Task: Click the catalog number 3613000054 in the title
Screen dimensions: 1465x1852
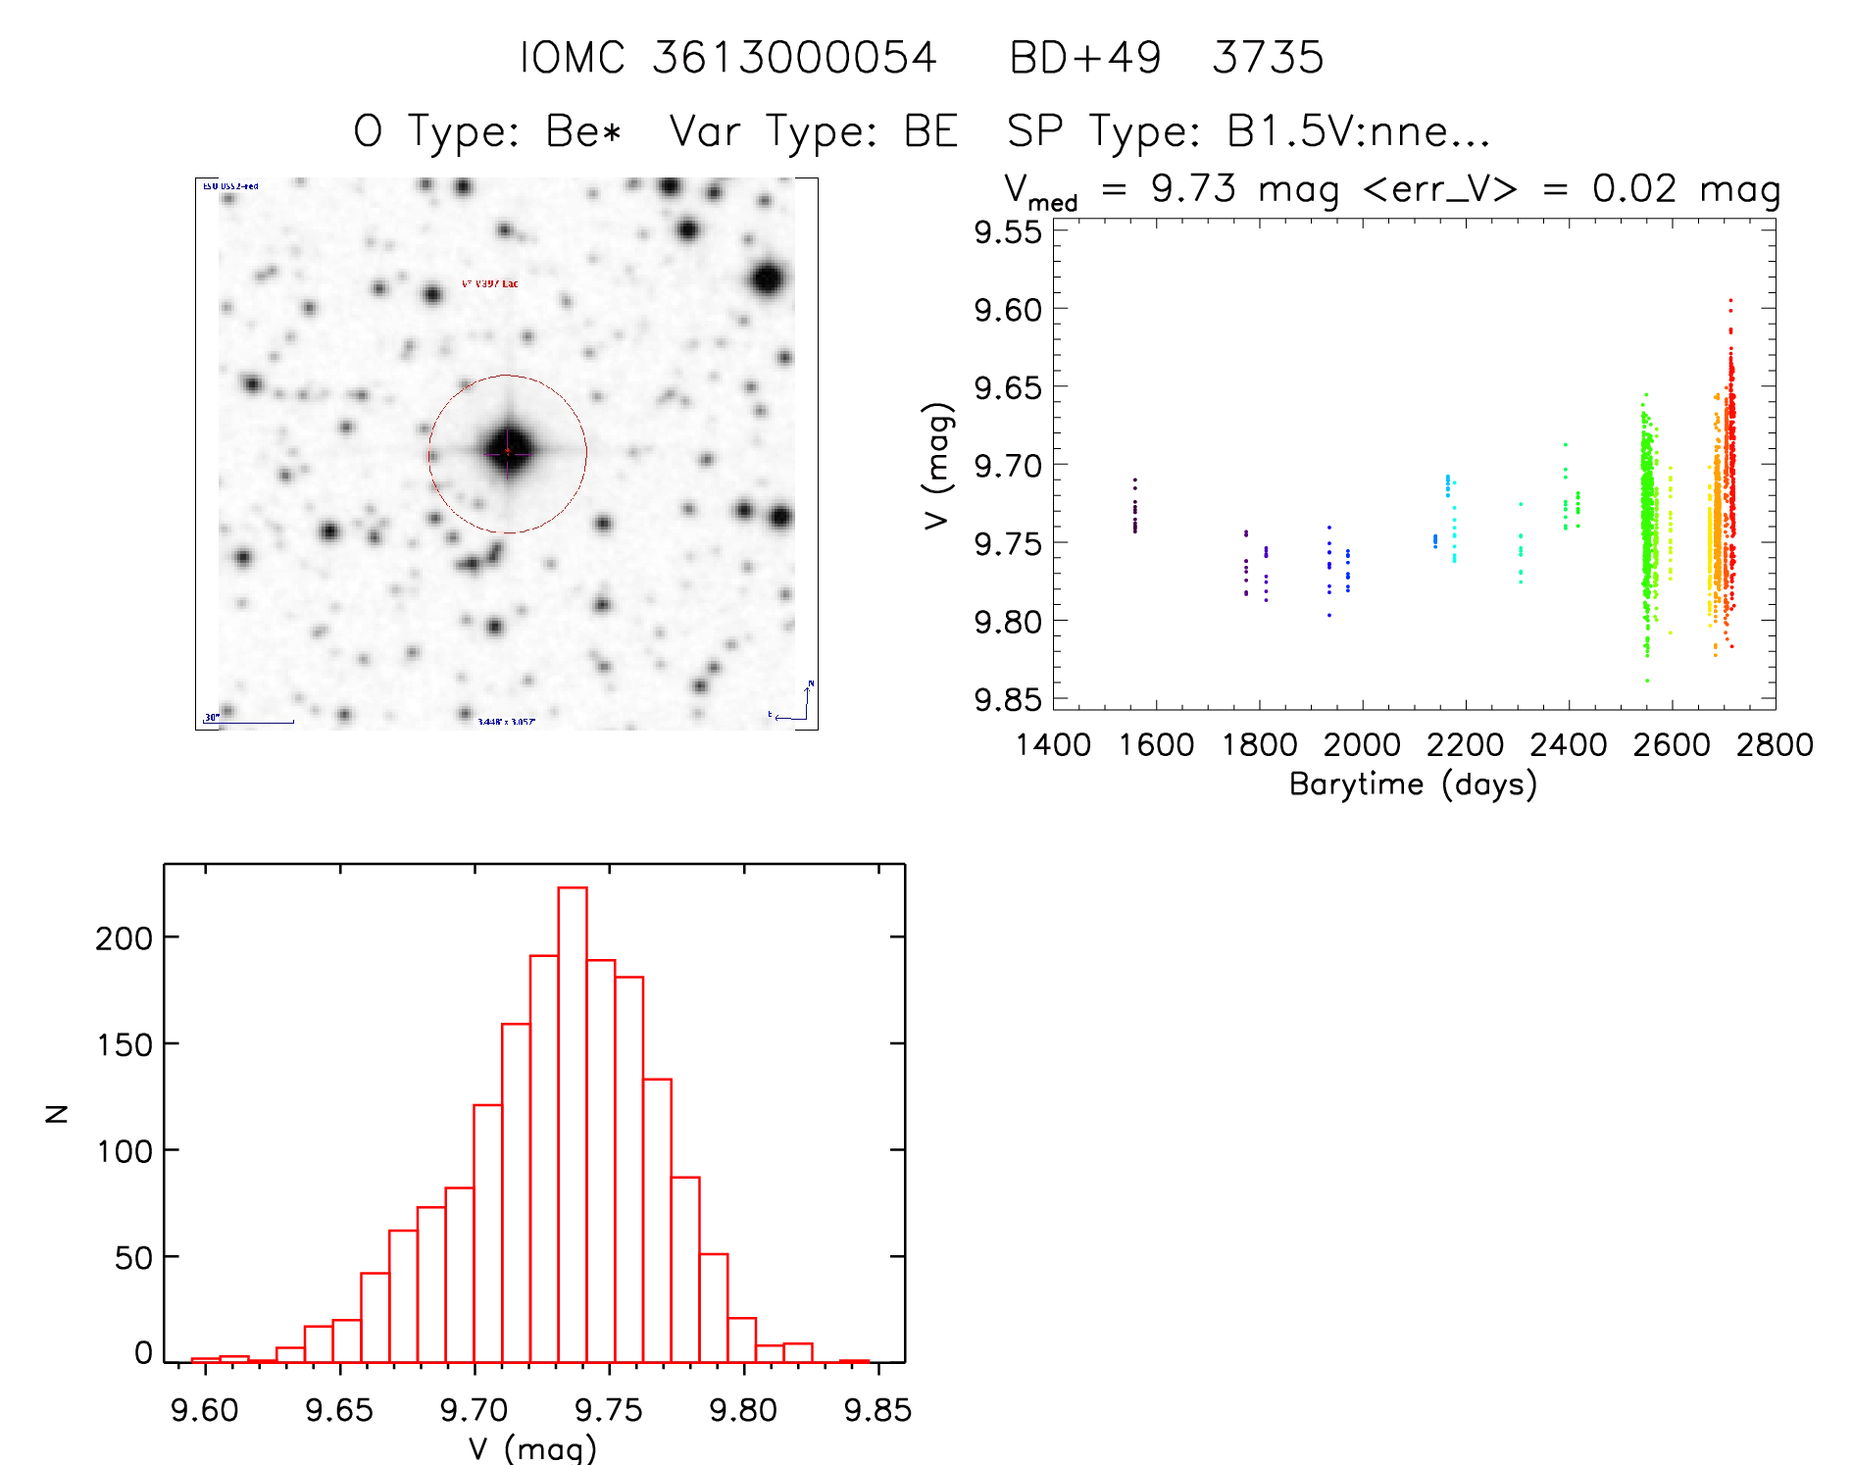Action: coord(794,58)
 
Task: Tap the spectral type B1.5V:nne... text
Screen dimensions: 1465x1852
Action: coord(1358,131)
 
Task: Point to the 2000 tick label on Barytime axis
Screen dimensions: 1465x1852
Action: coord(1362,745)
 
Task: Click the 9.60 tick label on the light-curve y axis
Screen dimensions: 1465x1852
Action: coord(1007,310)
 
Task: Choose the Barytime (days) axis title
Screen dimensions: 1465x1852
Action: coord(1413,784)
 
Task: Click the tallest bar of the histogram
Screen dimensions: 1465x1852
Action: coord(573,1123)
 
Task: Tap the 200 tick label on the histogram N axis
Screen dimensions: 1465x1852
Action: coord(124,938)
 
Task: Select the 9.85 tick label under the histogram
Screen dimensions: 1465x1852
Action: coord(877,1410)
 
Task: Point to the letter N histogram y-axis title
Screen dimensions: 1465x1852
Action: coord(57,1113)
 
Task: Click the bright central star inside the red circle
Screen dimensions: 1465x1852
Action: coord(508,451)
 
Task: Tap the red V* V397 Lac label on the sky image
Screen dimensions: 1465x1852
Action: coord(490,283)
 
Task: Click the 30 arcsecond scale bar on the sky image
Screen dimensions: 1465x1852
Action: coord(249,721)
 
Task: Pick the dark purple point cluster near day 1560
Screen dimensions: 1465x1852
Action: coord(1135,510)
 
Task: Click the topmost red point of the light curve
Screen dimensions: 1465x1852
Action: coord(1730,300)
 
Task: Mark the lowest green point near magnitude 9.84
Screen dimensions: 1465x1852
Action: coord(1647,680)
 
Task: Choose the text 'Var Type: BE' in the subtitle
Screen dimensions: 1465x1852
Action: coord(813,131)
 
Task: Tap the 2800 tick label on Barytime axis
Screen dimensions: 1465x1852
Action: coord(1775,745)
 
